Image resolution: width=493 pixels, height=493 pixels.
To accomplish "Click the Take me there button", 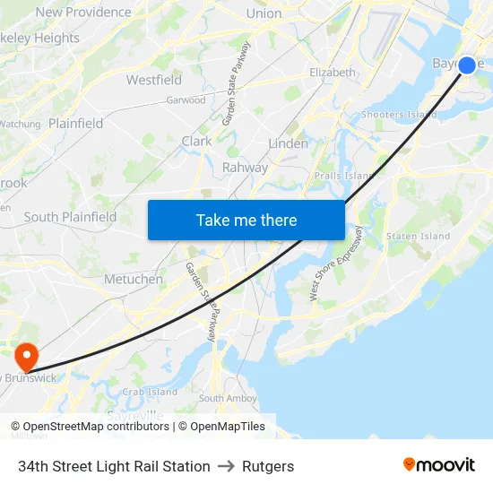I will point(246,220).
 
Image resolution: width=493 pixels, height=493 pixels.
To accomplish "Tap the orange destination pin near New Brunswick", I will point(26,356).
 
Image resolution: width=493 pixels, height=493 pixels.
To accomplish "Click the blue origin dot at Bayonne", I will point(467,65).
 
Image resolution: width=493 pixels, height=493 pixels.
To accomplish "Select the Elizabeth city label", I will point(332,72).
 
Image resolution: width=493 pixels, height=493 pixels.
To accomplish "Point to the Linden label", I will point(289,143).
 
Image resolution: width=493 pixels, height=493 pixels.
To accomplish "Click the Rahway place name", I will point(245,167).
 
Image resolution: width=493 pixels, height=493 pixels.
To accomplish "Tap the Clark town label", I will point(197,141).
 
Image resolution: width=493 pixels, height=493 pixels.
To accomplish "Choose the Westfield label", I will point(154,80).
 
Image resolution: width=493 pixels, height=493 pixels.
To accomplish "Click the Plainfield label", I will point(76,123).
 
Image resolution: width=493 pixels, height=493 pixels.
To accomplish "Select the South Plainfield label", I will point(70,217).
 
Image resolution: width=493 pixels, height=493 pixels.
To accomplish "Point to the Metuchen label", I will point(134,279).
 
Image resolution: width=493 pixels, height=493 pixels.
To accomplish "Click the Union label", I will point(264,13).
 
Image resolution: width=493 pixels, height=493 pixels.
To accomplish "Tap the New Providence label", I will point(83,12).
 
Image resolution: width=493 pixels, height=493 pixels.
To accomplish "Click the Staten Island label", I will point(418,236).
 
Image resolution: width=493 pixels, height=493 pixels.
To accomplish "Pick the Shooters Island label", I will point(399,114).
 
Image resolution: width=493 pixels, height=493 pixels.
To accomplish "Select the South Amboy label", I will point(224,398).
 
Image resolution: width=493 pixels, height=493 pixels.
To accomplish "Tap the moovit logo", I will point(438,465).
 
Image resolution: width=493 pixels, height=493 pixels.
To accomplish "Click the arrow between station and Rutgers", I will point(226,466).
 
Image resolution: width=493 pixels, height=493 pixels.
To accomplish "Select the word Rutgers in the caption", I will point(268,466).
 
